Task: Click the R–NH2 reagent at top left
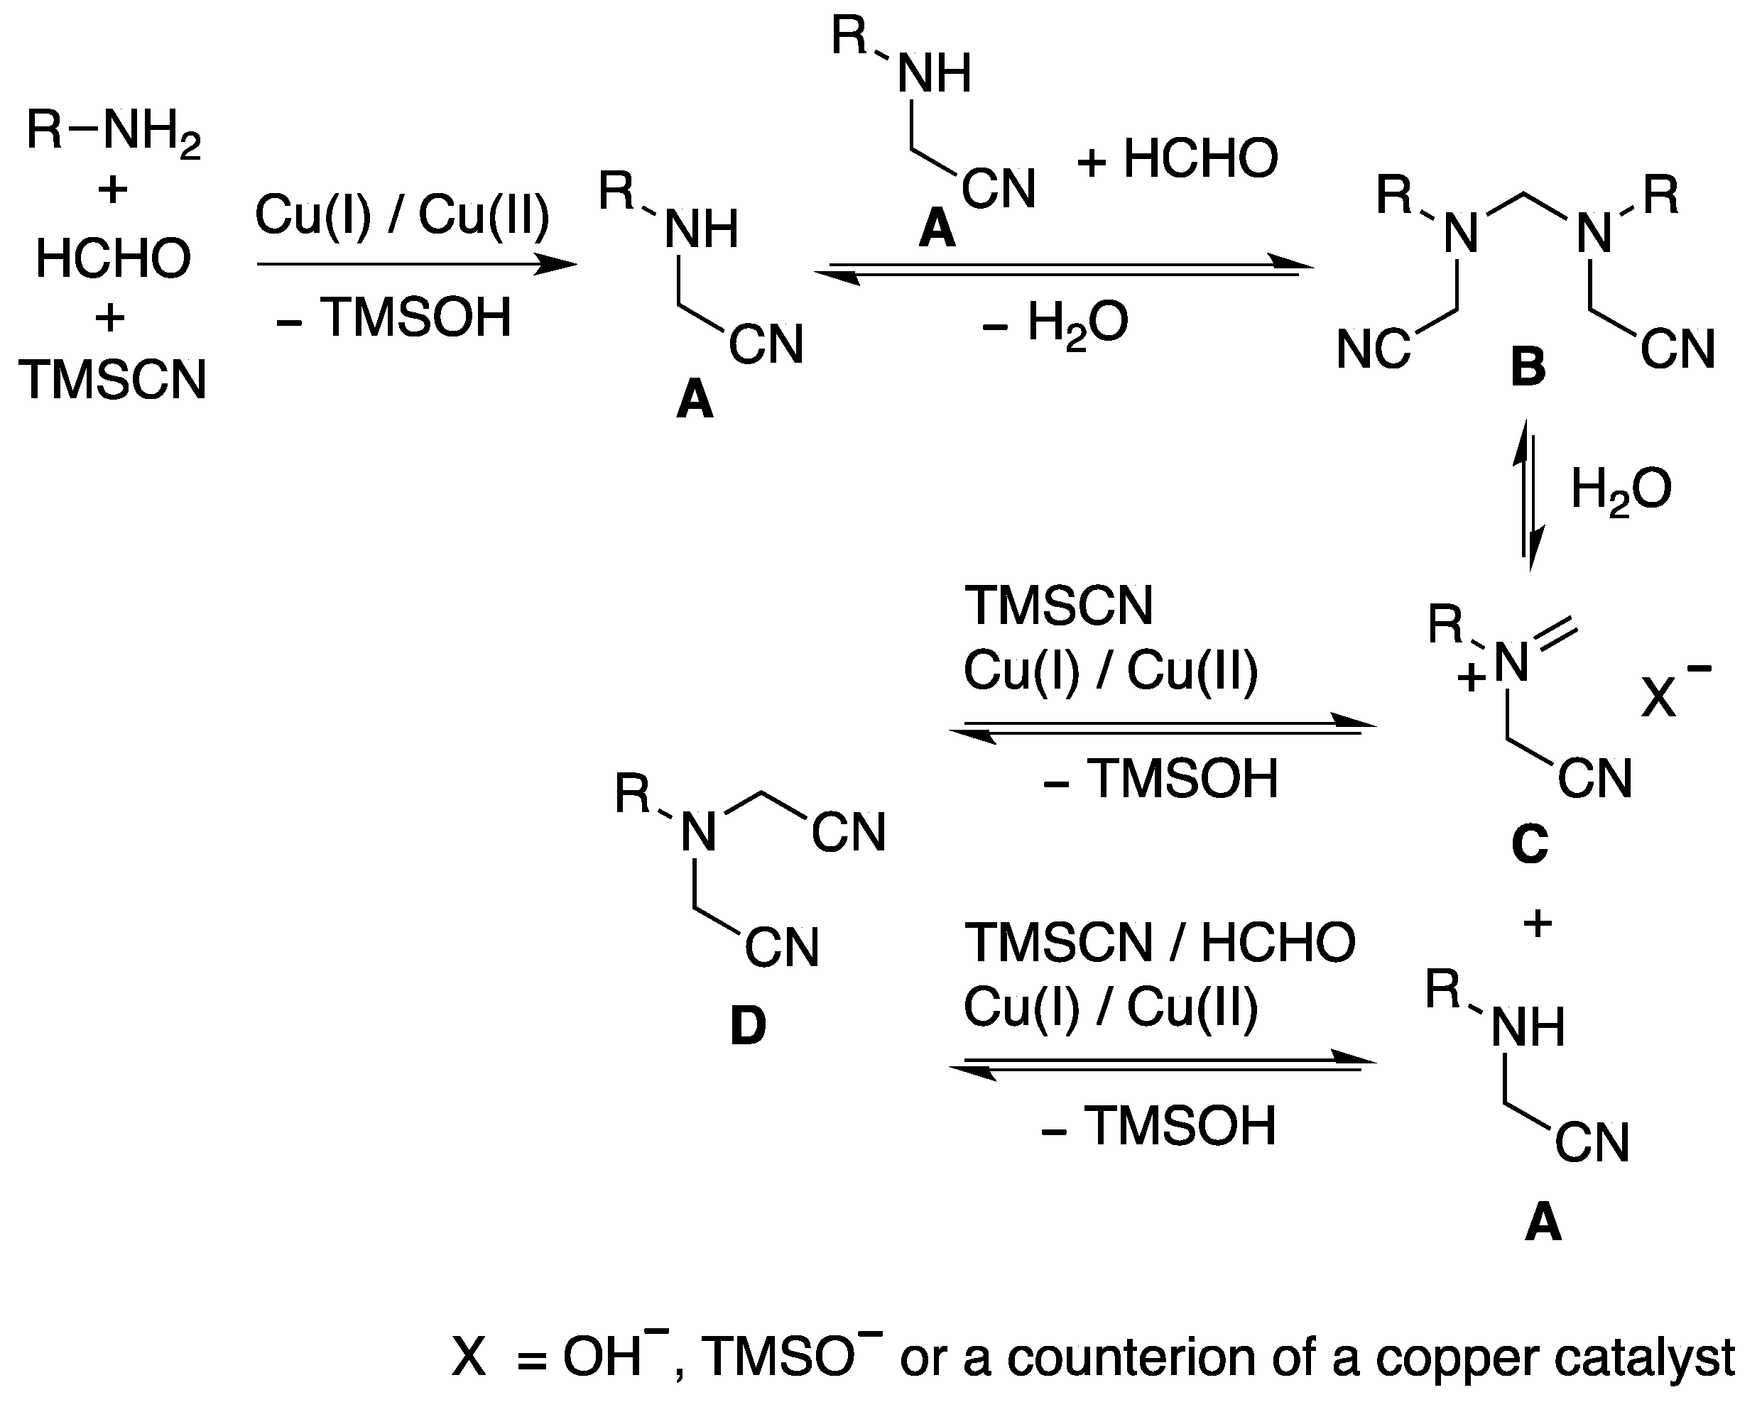pos(113,131)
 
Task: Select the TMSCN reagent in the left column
pos(113,381)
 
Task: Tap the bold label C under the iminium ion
pos(1529,844)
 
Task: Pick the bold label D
pos(748,1026)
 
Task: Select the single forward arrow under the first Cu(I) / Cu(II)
pos(416,264)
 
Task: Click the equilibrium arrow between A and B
pos(1063,270)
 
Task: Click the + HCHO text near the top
pos(1178,158)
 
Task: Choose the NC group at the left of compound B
pos(1373,350)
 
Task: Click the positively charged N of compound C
pos(1511,664)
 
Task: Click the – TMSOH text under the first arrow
pos(395,319)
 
